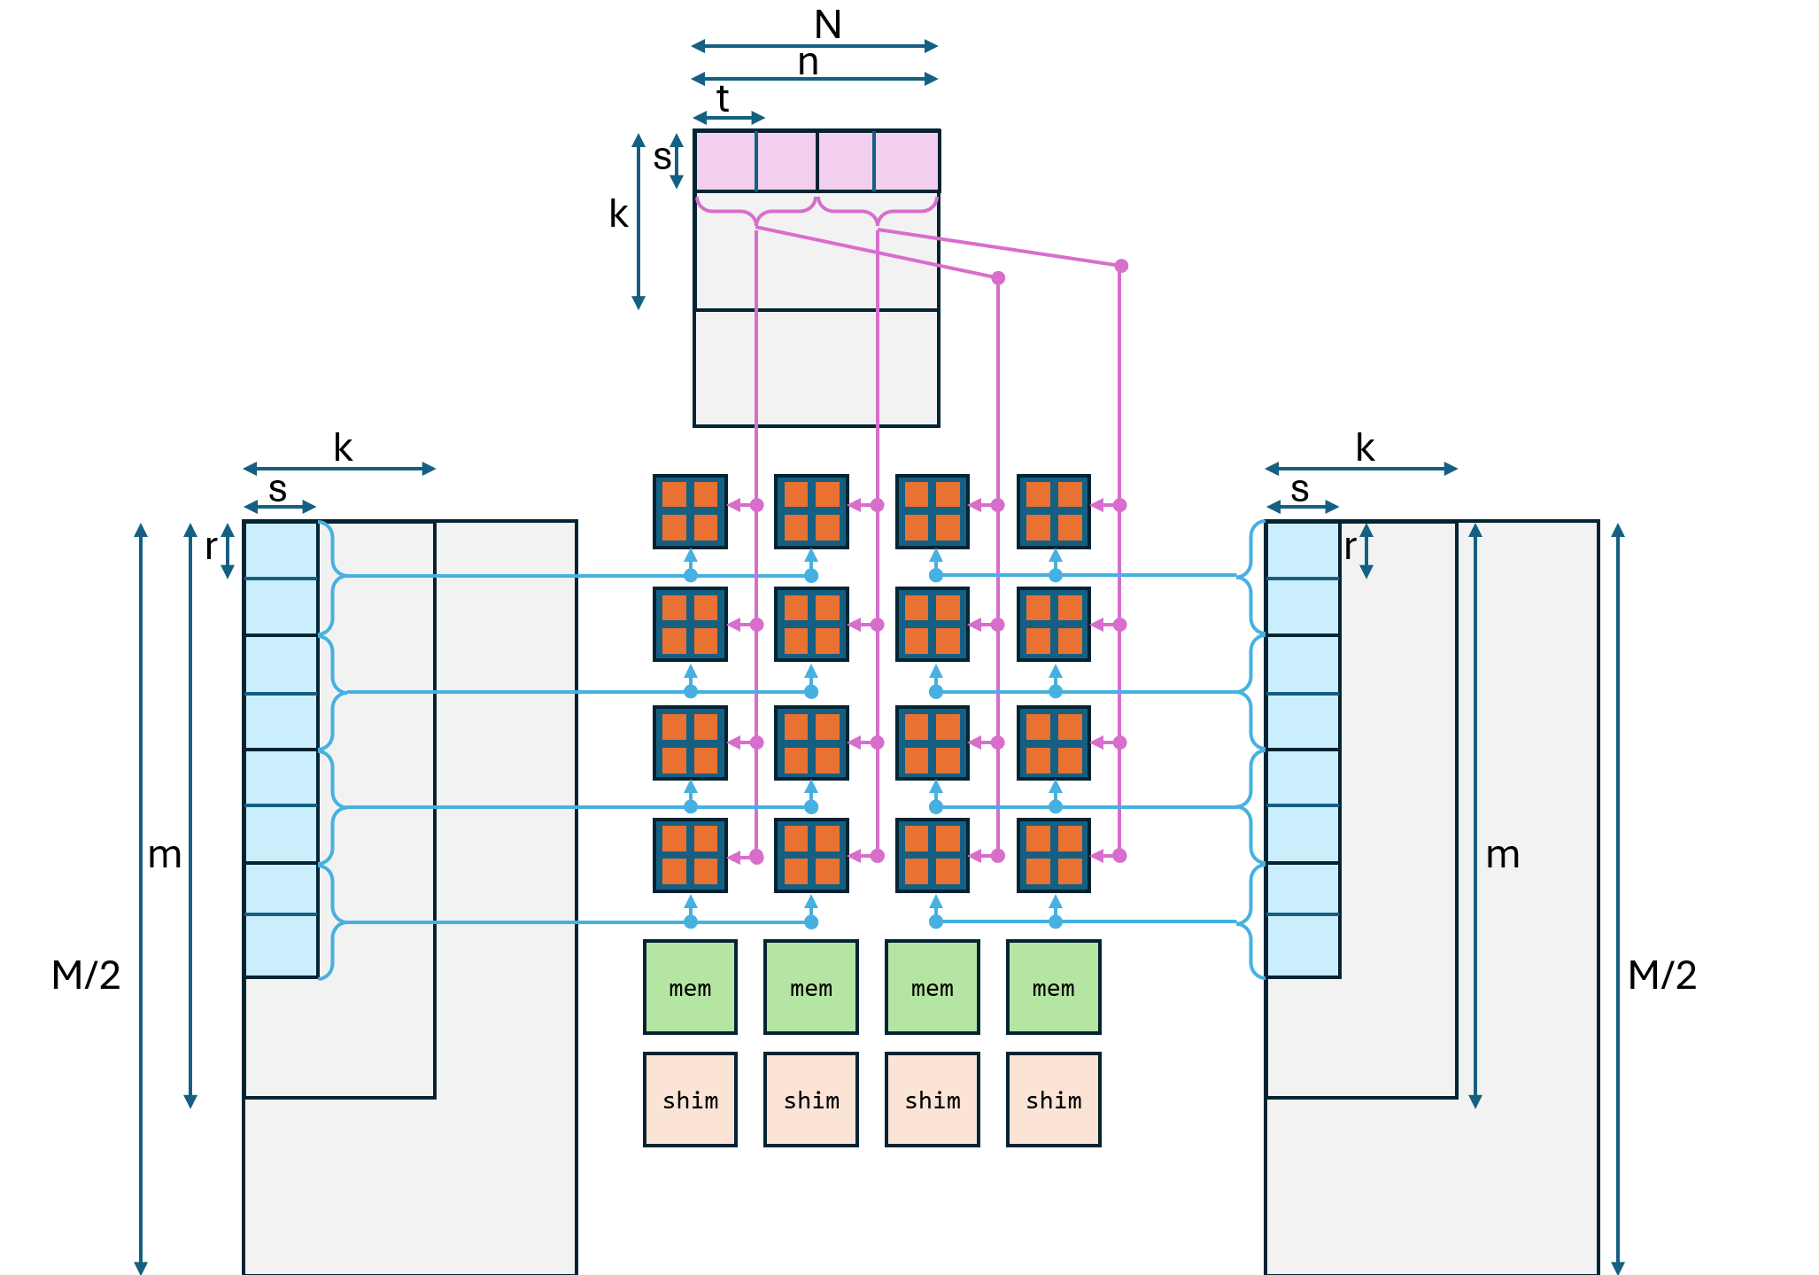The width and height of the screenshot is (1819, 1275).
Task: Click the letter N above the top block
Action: click(x=827, y=25)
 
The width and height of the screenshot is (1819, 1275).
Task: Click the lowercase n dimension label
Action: click(x=808, y=63)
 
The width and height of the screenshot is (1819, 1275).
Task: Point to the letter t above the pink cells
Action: click(x=723, y=99)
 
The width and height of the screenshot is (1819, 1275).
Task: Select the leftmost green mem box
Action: click(x=690, y=987)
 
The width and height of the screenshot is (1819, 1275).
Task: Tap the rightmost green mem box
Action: click(x=1053, y=987)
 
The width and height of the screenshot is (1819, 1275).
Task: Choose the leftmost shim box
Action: click(x=690, y=1100)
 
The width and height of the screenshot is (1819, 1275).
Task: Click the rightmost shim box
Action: click(x=1053, y=1100)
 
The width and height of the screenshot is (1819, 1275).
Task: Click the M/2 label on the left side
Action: click(x=86, y=976)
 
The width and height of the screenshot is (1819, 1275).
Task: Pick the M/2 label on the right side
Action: click(x=1662, y=976)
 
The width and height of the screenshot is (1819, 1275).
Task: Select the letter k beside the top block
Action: click(x=618, y=214)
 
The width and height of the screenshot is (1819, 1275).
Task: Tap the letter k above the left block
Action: click(x=343, y=448)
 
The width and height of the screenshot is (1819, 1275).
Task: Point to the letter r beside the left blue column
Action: click(x=211, y=548)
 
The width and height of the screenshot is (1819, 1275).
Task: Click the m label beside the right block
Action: click(x=1503, y=855)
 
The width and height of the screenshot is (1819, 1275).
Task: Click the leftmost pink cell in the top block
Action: click(x=725, y=160)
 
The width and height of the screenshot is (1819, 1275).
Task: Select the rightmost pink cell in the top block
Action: click(x=907, y=160)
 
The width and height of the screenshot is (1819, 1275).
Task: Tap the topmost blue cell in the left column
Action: click(x=281, y=550)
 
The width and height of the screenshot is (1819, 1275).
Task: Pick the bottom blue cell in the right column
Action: click(x=1303, y=946)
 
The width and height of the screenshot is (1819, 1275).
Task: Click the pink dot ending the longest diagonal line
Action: click(x=1121, y=266)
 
